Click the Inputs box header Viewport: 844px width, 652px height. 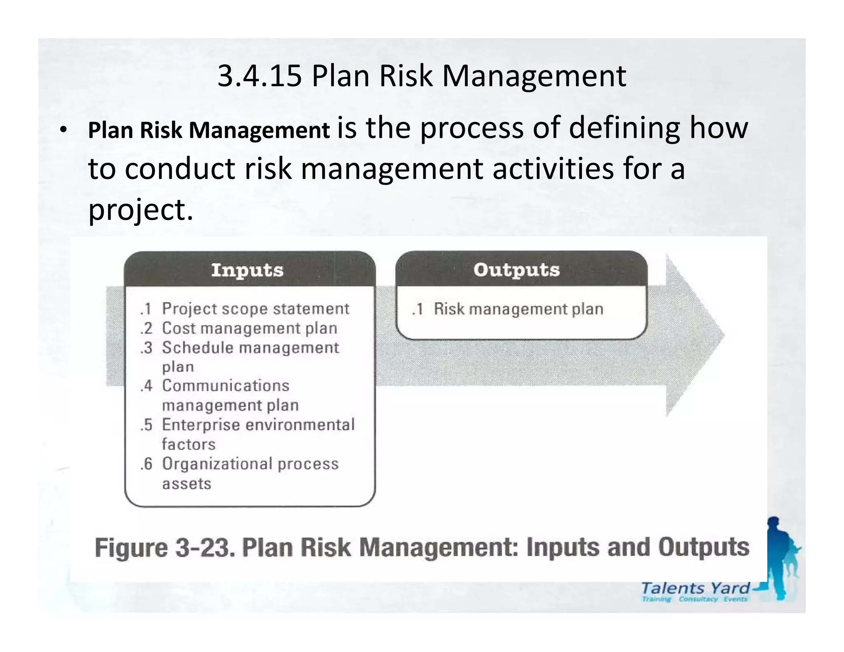point(248,270)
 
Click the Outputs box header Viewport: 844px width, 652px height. point(516,270)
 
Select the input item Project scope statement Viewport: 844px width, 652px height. point(255,309)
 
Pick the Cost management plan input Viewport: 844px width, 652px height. point(249,328)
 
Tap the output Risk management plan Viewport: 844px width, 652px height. point(518,309)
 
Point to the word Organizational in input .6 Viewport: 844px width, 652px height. point(217,464)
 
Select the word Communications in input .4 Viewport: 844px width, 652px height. point(225,386)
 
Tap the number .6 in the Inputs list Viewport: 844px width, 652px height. point(146,464)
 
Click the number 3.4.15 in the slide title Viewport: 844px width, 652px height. point(259,76)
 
